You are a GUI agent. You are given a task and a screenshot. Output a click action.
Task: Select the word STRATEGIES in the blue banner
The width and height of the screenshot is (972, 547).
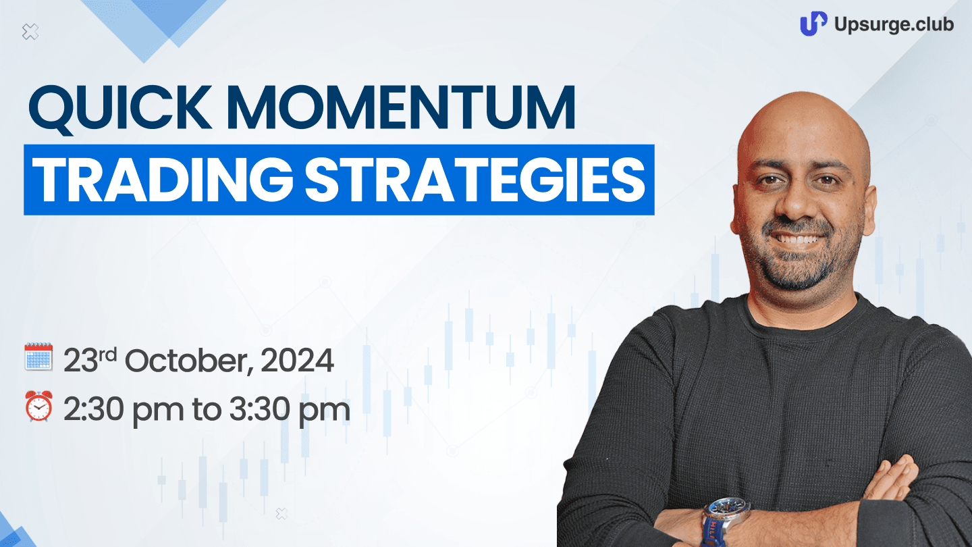click(x=475, y=180)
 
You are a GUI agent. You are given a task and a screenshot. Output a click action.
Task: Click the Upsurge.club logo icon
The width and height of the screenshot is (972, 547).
click(x=813, y=24)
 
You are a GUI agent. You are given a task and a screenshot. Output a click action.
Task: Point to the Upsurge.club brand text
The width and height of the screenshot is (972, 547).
click(x=894, y=24)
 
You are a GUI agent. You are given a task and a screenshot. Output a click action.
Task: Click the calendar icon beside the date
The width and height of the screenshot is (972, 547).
click(x=38, y=357)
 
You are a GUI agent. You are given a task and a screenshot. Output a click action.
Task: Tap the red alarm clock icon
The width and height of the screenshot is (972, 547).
click(x=38, y=406)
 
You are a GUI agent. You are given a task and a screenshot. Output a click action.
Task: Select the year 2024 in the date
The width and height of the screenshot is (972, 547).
click(x=297, y=361)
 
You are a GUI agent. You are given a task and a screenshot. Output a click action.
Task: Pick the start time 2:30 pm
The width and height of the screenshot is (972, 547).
click(x=124, y=409)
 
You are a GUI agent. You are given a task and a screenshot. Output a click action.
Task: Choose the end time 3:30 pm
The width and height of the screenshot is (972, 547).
click(x=290, y=409)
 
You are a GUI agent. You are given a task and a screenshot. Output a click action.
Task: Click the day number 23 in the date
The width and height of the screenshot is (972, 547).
click(x=81, y=361)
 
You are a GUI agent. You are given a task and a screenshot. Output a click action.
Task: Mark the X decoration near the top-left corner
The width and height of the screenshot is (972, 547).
click(x=30, y=32)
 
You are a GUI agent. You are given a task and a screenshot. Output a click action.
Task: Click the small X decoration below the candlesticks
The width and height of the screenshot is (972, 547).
click(x=281, y=514)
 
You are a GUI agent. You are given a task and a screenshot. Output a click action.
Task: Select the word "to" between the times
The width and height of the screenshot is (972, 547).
click(x=206, y=411)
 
